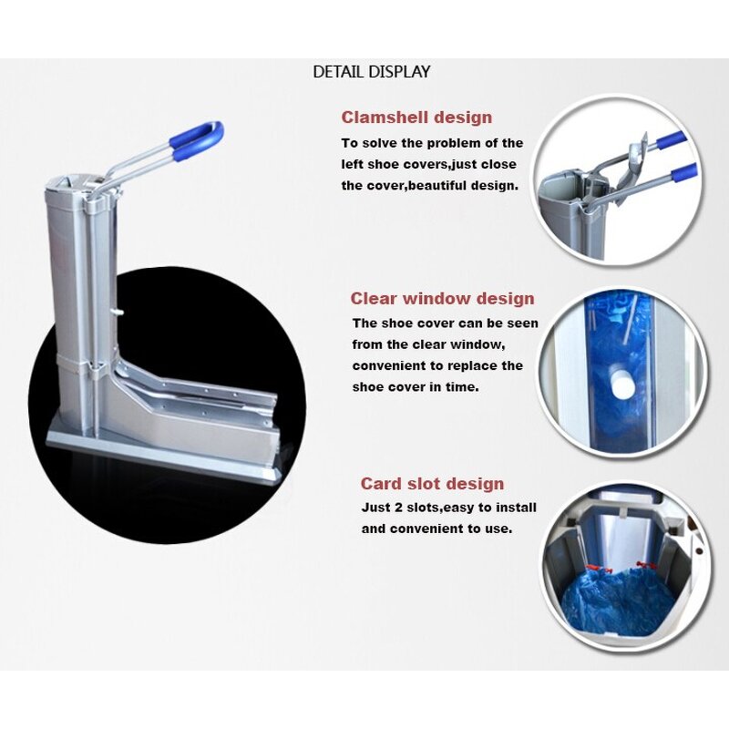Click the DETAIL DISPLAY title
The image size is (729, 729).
coord(372,72)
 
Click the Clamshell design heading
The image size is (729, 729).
coord(416,118)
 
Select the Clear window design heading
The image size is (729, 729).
coord(442,299)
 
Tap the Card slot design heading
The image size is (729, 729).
coord(432,484)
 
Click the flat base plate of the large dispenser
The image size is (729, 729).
coord(164,456)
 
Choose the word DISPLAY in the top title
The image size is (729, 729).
coord(398,72)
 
